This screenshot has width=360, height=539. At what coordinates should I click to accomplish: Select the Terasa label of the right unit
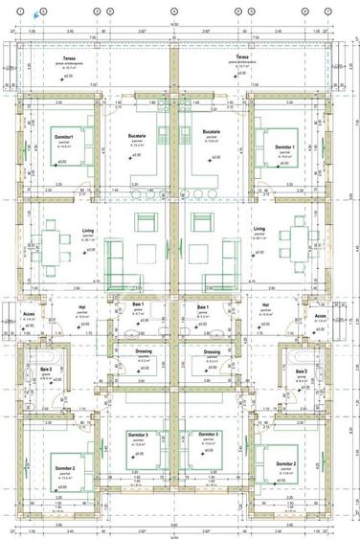(x=243, y=57)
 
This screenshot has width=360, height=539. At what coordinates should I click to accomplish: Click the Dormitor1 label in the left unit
(x=64, y=137)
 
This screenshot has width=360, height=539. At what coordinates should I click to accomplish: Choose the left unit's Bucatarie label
(x=136, y=136)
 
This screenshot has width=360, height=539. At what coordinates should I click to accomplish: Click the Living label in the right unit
(x=259, y=230)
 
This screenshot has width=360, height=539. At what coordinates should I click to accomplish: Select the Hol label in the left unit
(x=82, y=307)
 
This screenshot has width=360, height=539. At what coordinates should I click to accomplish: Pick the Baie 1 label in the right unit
(x=203, y=307)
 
